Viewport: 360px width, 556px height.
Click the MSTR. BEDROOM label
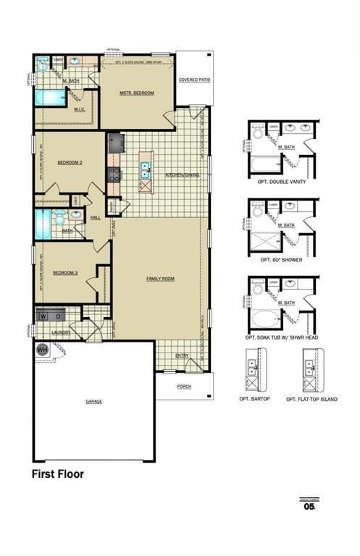(x=137, y=93)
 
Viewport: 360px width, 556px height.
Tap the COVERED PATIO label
(x=194, y=80)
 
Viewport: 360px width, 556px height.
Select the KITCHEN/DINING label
(x=181, y=175)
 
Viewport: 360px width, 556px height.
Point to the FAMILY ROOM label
(x=160, y=279)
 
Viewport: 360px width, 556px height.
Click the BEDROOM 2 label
(x=70, y=163)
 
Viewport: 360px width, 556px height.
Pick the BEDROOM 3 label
(x=66, y=272)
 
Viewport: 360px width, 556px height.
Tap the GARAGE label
(x=93, y=401)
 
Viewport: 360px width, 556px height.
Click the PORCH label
(x=184, y=387)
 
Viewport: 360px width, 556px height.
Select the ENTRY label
(x=182, y=355)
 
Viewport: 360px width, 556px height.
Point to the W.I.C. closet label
(x=80, y=110)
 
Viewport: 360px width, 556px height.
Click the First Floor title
(x=57, y=475)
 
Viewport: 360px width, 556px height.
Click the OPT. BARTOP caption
(x=255, y=399)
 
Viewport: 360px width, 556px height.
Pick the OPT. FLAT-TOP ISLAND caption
(x=311, y=399)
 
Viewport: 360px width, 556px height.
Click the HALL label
(x=95, y=217)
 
